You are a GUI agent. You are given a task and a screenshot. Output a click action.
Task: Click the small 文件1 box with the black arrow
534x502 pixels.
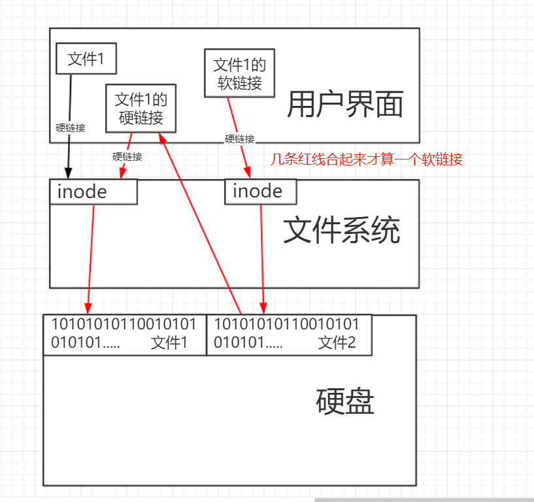tap(86, 59)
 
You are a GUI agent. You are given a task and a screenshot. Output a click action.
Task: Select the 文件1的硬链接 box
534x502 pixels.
tap(141, 109)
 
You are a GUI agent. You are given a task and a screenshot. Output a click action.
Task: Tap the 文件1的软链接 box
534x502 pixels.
tap(240, 73)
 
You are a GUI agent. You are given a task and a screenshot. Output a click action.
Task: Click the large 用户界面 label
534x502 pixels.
tap(345, 105)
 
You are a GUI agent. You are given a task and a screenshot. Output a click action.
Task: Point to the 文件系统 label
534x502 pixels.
tap(341, 231)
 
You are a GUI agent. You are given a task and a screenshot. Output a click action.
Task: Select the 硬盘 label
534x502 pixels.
tap(345, 401)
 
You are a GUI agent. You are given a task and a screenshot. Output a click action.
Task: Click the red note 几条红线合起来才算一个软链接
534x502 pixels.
tap(367, 159)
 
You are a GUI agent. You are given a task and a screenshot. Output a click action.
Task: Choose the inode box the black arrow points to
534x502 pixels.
tap(93, 192)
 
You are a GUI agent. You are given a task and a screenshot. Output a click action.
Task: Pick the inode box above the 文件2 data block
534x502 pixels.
tap(260, 191)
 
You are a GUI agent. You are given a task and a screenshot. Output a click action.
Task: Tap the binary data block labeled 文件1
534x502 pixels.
tap(124, 334)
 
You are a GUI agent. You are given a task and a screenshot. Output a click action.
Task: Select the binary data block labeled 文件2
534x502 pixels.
tap(289, 334)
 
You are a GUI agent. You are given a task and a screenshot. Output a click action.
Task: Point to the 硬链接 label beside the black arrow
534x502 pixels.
tap(71, 128)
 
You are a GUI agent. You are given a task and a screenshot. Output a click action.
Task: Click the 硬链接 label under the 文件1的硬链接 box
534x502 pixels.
tap(127, 156)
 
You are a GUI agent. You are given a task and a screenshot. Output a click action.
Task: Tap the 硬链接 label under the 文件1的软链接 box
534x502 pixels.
tap(240, 139)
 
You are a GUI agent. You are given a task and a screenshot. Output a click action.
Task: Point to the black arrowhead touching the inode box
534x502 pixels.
tap(69, 173)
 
